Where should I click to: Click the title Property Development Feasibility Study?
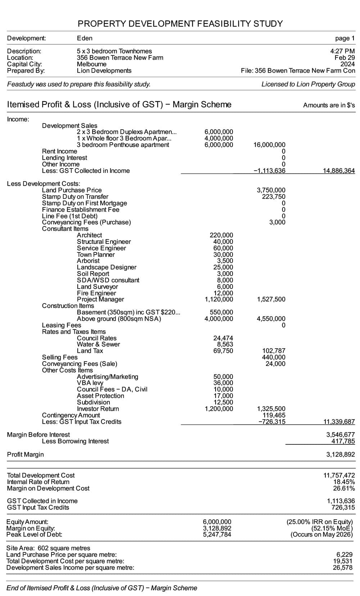point(180,24)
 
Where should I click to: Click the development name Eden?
point(85,38)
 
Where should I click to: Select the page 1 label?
point(345,38)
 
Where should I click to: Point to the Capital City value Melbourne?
point(91,64)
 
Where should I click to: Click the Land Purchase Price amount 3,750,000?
point(271,190)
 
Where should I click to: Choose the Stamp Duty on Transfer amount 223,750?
point(273,197)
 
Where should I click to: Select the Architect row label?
point(89,235)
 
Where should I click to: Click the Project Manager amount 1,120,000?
point(219,299)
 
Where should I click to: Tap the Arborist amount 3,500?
point(225,261)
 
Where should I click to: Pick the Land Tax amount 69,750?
point(223,351)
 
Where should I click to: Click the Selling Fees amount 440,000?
point(273,357)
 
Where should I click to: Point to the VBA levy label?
point(90,383)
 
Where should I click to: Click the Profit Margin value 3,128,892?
point(340,454)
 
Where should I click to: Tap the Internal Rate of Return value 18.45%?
point(344,482)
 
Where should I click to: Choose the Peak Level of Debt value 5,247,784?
point(217,534)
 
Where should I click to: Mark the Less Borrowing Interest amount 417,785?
point(343,441)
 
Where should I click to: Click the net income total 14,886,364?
point(339,171)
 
